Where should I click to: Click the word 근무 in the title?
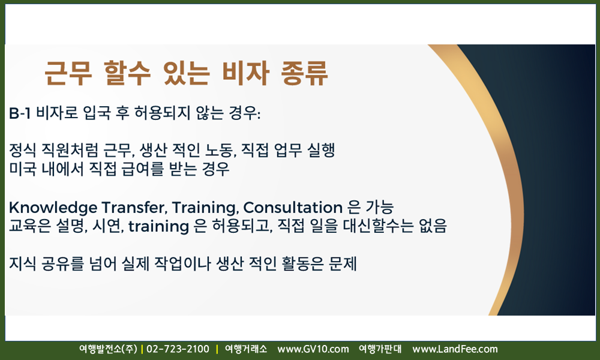point(68,73)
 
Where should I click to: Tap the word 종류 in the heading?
point(304,73)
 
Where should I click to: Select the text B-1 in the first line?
point(20,113)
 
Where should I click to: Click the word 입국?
point(97,113)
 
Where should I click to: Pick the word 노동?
point(221,150)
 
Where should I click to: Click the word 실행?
point(322,150)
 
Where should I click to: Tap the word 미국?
point(23,169)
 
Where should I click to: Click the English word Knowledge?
point(53,208)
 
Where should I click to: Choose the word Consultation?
point(293,208)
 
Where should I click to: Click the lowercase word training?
point(159,226)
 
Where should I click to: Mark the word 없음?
point(433,226)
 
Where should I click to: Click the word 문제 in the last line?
point(343,263)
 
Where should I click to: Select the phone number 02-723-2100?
point(178,349)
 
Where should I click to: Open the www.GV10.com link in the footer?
point(313,349)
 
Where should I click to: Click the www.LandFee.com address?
point(455,349)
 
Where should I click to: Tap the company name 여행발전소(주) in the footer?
point(108,349)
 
